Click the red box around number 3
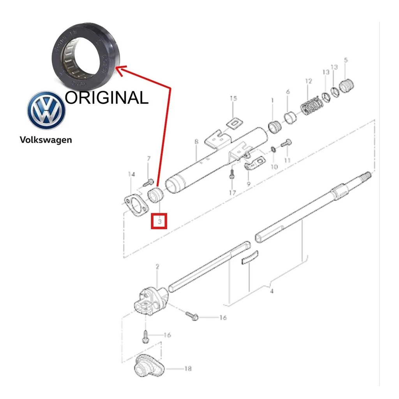coord(159,221)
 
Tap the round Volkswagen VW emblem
coord(46,111)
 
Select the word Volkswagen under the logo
coord(46,139)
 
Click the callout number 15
coord(233,99)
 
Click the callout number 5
coord(346,60)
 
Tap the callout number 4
coord(272,291)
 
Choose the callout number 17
coord(232,192)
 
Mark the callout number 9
coord(249,183)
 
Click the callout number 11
coord(287,160)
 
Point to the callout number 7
coord(148,159)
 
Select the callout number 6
coord(288,92)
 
